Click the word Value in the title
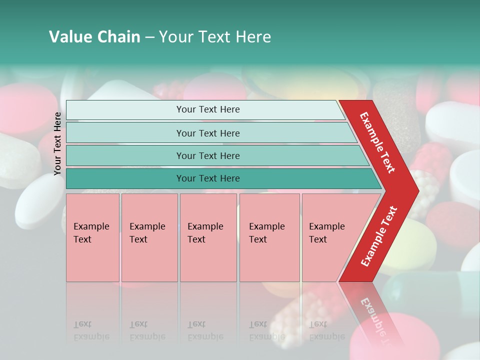coord(69,37)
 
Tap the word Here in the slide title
coord(253,37)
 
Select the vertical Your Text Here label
coord(58,143)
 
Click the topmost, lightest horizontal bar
coord(207,109)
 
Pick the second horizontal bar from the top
coord(207,133)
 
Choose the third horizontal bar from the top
coord(207,155)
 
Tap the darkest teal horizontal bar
coord(207,178)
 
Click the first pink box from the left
coord(92,237)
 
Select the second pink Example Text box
coord(149,237)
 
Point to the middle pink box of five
coord(208,237)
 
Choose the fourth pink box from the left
coord(269,237)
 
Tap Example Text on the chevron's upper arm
coord(377,142)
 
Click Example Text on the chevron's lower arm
coord(378,236)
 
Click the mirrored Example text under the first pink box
coord(91,336)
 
